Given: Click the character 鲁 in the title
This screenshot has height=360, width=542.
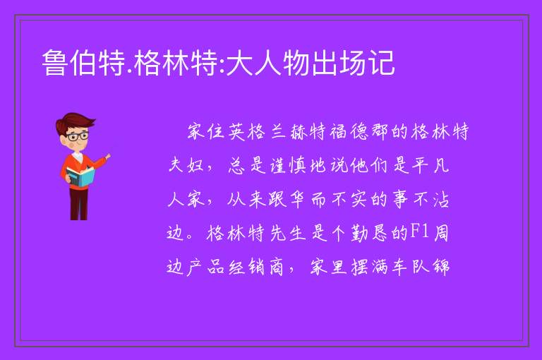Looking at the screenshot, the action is click(x=55, y=63).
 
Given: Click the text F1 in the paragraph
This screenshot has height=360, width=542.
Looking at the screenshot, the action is click(x=419, y=232).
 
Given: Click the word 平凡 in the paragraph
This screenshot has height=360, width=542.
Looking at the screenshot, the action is click(x=430, y=165).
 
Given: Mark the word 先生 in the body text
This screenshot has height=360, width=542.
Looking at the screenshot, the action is click(x=288, y=233).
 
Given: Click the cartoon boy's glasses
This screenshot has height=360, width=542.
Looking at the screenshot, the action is click(x=78, y=136).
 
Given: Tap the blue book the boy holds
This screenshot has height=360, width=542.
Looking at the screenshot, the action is click(x=80, y=176).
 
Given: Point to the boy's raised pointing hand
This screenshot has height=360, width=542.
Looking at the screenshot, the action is click(x=107, y=157).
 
